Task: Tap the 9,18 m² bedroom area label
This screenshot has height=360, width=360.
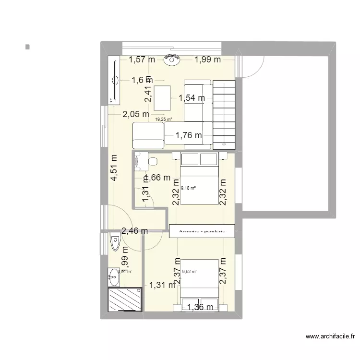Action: (188, 188)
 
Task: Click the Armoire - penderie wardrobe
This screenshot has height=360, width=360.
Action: (202, 231)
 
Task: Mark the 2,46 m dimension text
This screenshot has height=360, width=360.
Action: (134, 231)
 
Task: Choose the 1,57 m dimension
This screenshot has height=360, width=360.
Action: (142, 60)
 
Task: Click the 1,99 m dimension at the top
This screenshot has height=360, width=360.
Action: (207, 60)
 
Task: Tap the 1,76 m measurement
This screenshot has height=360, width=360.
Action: (189, 136)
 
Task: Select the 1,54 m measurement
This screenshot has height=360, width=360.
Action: (192, 98)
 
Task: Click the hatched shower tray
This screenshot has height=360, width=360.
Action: (125, 300)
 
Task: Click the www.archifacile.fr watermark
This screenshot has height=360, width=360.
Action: (329, 336)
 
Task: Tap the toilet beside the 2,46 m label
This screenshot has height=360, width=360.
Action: (115, 243)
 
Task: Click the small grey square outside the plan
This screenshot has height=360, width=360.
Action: (28, 47)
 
